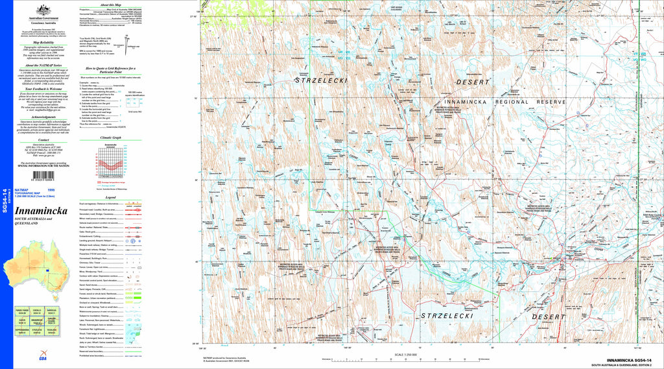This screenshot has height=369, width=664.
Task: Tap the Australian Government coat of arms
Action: click(x=43, y=10)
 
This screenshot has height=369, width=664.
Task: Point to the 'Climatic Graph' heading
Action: click(x=111, y=138)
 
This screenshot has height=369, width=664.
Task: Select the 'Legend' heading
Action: click(x=111, y=197)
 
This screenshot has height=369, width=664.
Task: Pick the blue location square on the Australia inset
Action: click(x=47, y=270)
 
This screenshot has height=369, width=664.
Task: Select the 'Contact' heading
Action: click(x=43, y=139)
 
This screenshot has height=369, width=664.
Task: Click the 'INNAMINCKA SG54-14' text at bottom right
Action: click(x=629, y=359)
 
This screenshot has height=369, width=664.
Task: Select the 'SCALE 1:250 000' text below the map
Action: click(x=407, y=355)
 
